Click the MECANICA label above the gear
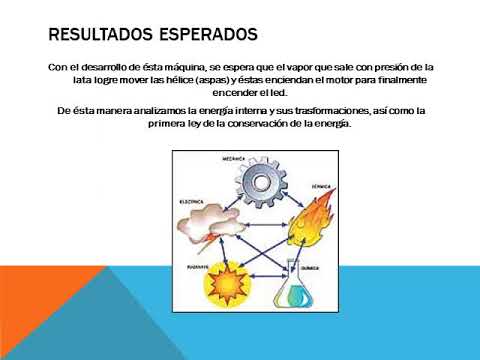point(234,158)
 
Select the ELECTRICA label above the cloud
point(192,201)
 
